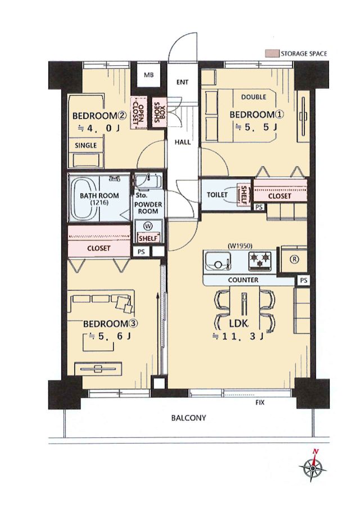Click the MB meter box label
click(x=148, y=75)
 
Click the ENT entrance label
click(x=182, y=82)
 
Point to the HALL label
click(x=183, y=142)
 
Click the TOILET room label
click(x=217, y=195)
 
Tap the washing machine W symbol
click(x=147, y=226)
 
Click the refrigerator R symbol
click(x=294, y=259)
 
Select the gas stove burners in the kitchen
click(x=260, y=259)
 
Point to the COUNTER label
click(x=243, y=280)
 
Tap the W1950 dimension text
click(x=240, y=246)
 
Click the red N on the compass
click(x=316, y=451)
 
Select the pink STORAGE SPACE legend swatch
click(x=272, y=54)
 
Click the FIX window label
click(x=260, y=403)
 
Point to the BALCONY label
click(x=188, y=418)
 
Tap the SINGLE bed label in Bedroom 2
click(x=86, y=145)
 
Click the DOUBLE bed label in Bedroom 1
click(x=254, y=97)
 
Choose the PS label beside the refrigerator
click(x=303, y=281)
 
